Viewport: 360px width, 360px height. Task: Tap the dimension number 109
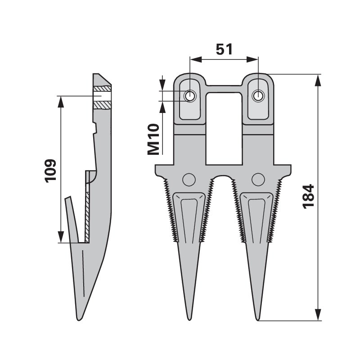click(x=50, y=170)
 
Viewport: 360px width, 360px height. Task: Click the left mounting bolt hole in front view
click(x=190, y=96)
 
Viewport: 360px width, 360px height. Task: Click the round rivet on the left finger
click(x=189, y=179)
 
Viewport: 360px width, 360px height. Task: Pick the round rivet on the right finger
click(x=258, y=179)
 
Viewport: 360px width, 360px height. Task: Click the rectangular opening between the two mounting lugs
click(x=224, y=126)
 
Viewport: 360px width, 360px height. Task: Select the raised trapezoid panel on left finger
click(x=189, y=216)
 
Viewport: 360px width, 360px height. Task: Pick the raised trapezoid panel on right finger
click(x=258, y=216)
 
